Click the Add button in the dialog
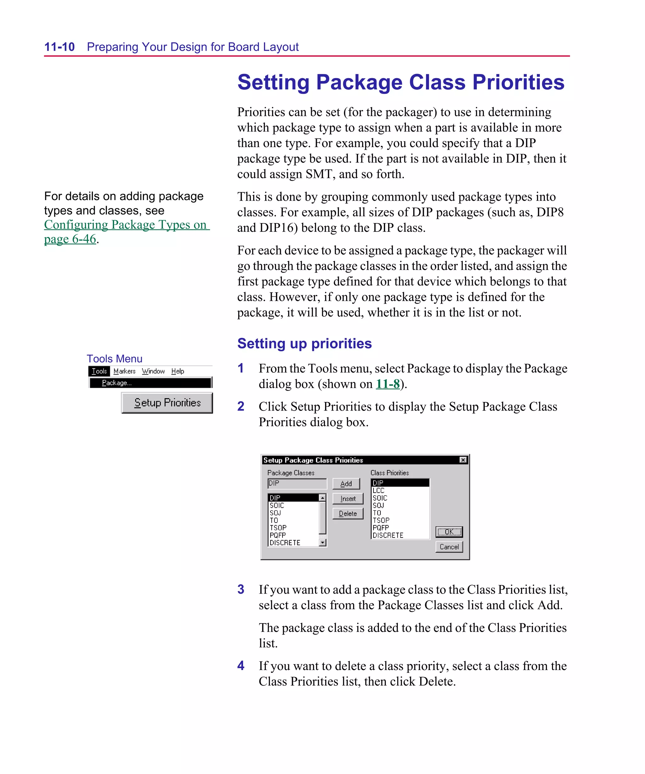click(346, 484)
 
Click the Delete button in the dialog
click(348, 513)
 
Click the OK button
click(448, 531)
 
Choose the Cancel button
click(448, 547)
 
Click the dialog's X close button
click(463, 460)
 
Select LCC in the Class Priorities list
click(379, 490)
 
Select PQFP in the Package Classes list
click(277, 535)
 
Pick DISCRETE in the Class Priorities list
click(388, 535)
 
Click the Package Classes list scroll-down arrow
click(322, 542)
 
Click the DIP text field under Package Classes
click(297, 483)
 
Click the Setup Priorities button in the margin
click(167, 403)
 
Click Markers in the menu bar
click(124, 371)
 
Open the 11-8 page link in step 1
click(387, 384)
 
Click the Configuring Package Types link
click(125, 225)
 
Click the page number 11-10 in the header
click(59, 47)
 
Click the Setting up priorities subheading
click(305, 343)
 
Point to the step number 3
click(241, 589)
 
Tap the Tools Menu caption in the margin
click(114, 358)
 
